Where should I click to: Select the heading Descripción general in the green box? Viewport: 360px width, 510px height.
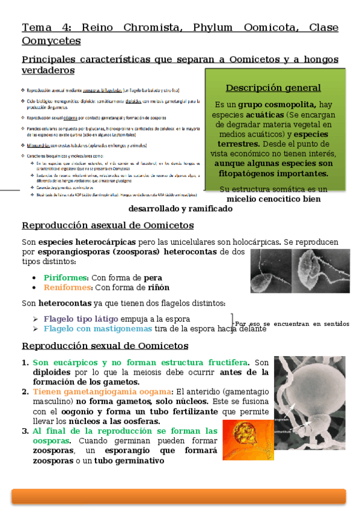(x=273, y=88)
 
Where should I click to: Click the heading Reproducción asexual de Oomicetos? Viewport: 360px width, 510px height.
(x=108, y=226)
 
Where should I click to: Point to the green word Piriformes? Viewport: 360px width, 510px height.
(x=66, y=277)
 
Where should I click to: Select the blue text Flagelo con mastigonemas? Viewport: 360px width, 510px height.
(x=98, y=329)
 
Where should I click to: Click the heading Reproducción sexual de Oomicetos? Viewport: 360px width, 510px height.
(x=105, y=346)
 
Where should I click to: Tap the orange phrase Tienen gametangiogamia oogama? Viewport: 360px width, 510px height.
(x=101, y=392)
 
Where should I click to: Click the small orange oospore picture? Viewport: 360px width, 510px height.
(x=245, y=437)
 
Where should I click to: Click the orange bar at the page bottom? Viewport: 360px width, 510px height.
(x=178, y=496)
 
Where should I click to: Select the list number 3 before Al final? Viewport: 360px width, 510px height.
(x=25, y=431)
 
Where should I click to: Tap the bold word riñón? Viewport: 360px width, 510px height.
(x=158, y=287)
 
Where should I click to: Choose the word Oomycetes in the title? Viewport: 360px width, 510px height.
(x=51, y=41)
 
